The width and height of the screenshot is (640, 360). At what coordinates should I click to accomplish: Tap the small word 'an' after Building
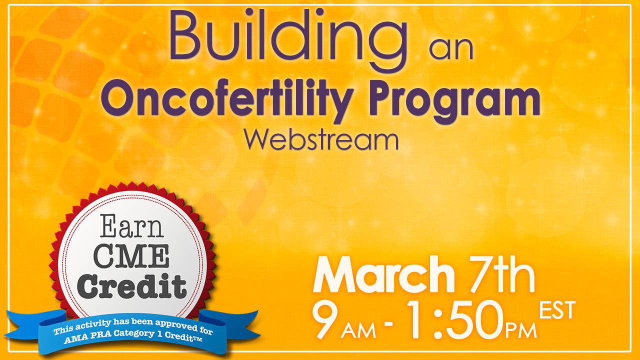click(x=451, y=48)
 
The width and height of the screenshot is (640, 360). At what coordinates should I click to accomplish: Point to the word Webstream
click(x=321, y=140)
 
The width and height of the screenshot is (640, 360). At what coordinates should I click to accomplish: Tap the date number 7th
click(x=501, y=274)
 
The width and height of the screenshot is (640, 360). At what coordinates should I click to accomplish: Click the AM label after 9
click(x=358, y=330)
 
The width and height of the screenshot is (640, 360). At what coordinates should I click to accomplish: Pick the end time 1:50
click(x=455, y=320)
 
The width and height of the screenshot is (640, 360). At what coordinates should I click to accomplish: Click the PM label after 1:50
click(x=521, y=330)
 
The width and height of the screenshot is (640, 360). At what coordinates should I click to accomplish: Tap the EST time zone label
click(x=557, y=310)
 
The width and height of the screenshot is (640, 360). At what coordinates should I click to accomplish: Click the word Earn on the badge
click(x=131, y=226)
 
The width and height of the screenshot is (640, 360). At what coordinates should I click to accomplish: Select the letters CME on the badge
click(x=131, y=255)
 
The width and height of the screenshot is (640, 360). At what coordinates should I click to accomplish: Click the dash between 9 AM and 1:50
click(x=388, y=324)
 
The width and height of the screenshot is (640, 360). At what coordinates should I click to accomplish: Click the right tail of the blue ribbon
click(x=228, y=324)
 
